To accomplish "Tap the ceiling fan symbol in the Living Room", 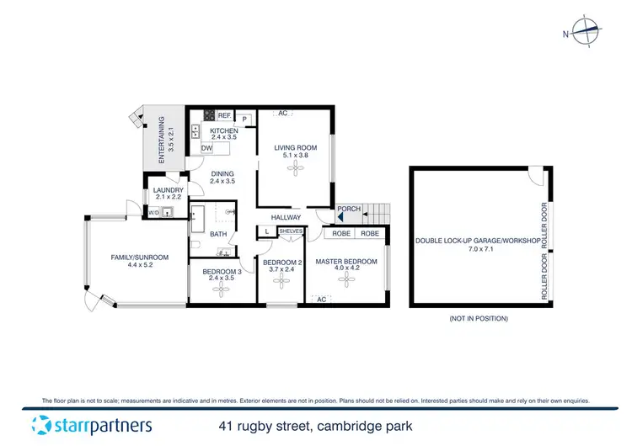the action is tap(295, 168).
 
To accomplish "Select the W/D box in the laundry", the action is tap(153, 213).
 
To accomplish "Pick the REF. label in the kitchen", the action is tap(224, 115).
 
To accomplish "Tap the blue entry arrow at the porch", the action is tap(341, 217).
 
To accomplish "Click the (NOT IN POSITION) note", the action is tap(479, 319).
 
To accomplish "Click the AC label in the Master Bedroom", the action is tap(321, 299).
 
